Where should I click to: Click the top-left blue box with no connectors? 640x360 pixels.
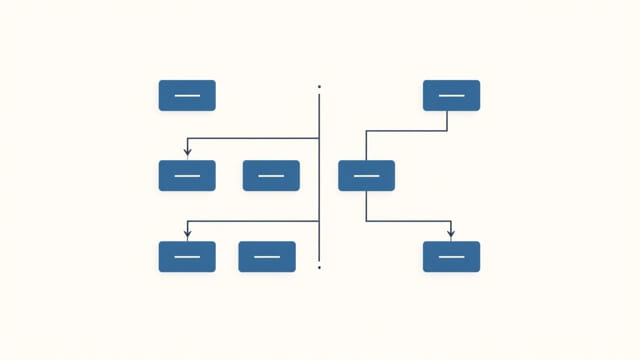click(x=187, y=95)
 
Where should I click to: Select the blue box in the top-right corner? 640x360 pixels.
click(x=451, y=95)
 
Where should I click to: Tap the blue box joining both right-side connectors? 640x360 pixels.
click(x=366, y=175)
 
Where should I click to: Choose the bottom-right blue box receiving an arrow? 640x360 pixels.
click(x=451, y=256)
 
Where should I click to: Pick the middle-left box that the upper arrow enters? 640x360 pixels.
click(x=187, y=175)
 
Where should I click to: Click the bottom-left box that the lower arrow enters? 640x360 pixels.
click(x=187, y=256)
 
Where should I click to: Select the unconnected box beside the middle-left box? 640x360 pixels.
click(x=271, y=175)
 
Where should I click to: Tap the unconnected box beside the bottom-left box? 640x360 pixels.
click(x=267, y=256)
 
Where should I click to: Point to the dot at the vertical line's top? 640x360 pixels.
click(x=319, y=87)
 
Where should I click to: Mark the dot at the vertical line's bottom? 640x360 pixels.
click(x=319, y=267)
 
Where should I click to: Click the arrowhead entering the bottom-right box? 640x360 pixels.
click(x=451, y=235)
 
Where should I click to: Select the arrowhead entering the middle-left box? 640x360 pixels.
click(x=187, y=153)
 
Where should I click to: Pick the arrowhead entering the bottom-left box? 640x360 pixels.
click(x=187, y=235)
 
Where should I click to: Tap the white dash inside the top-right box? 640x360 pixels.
click(x=451, y=96)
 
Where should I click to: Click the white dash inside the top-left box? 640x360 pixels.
click(x=187, y=96)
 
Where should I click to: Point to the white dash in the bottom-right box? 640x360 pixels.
click(x=451, y=257)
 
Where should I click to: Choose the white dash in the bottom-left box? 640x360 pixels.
click(x=187, y=257)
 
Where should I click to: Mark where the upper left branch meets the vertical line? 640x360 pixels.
click(x=319, y=138)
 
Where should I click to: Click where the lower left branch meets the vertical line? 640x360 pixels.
click(x=319, y=221)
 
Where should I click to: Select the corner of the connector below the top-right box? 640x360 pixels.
click(x=447, y=130)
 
